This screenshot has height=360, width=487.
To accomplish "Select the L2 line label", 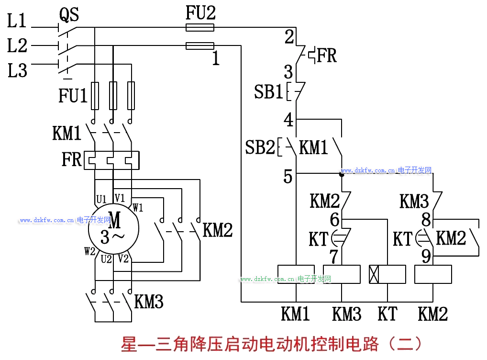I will [18, 46].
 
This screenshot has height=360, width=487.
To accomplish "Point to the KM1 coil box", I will [296, 274].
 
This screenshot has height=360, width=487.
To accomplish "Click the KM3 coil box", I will [342, 274].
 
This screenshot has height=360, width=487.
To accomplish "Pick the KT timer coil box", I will [387, 274].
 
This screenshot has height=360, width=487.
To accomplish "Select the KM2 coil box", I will [433, 274].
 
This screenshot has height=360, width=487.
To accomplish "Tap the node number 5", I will [288, 177].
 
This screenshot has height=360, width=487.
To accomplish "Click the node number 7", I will [334, 256].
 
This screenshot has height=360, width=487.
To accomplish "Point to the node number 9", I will [426, 257].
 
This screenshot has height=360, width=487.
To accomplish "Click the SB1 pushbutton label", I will [268, 92].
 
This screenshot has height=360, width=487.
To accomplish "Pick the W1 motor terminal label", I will [138, 208].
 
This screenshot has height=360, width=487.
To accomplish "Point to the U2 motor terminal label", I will [106, 259].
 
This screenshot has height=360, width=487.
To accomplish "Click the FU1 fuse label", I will [73, 96].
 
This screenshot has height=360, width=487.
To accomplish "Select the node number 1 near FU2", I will [216, 59].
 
